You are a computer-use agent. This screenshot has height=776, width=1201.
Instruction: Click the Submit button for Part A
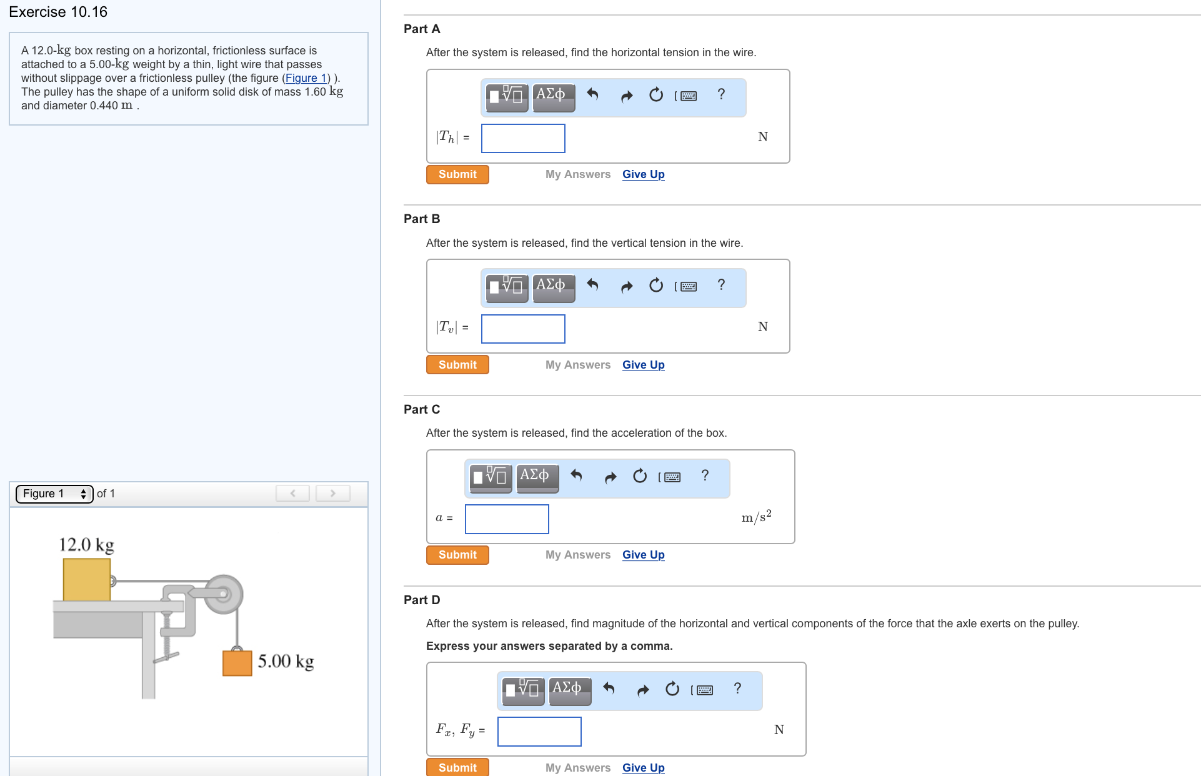point(457,174)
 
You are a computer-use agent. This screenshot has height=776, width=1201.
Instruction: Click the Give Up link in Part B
point(643,365)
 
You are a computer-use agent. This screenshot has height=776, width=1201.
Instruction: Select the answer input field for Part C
point(507,519)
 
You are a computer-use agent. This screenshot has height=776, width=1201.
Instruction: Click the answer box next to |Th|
point(523,138)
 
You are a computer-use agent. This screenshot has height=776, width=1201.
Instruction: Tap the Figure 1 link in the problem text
point(306,78)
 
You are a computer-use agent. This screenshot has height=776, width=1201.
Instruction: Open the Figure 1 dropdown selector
point(54,494)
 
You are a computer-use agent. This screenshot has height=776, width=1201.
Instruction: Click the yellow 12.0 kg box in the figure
point(87,580)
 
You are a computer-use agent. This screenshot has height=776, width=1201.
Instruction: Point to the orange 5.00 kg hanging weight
point(237,663)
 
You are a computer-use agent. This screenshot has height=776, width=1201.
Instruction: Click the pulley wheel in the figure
point(222,594)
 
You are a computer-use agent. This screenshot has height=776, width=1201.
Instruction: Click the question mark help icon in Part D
point(737,689)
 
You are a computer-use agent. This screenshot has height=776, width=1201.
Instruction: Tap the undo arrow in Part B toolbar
point(592,286)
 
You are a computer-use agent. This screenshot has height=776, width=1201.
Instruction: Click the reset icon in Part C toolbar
point(640,476)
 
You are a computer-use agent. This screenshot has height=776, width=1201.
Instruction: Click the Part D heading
point(422,600)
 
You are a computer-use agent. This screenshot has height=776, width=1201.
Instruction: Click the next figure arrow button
point(332,494)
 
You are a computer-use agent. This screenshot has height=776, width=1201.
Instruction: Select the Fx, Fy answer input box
point(539,732)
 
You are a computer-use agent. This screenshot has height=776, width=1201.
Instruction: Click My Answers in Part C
point(578,555)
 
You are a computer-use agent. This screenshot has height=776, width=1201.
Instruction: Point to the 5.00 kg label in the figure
point(286,661)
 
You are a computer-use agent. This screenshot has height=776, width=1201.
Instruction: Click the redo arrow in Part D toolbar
point(643,690)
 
